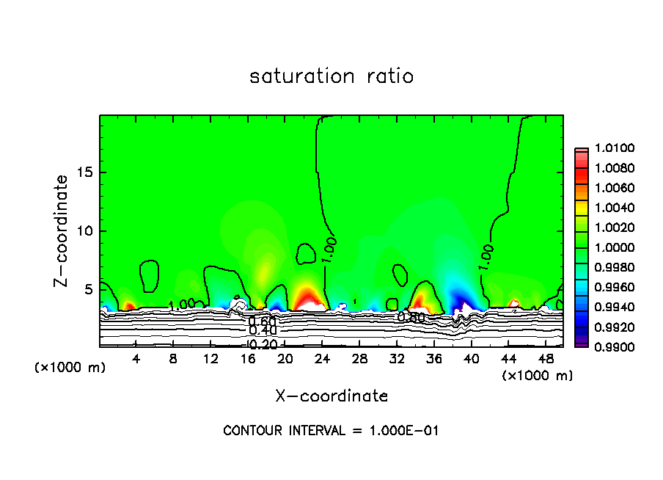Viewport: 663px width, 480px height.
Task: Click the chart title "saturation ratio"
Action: click(331, 76)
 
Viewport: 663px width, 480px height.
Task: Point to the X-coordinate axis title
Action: click(331, 396)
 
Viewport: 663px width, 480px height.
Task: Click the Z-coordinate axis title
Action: click(62, 230)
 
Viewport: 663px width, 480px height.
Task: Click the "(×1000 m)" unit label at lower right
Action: click(538, 376)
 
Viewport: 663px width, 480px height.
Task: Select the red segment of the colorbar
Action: click(581, 174)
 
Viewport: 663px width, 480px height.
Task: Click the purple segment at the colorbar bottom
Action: click(581, 342)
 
